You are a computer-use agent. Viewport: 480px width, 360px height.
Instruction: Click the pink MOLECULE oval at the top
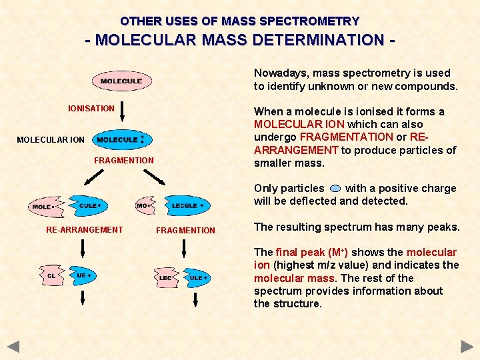121,81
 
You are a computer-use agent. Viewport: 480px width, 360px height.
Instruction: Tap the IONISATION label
91,108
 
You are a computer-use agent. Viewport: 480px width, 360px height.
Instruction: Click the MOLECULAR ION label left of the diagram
51,140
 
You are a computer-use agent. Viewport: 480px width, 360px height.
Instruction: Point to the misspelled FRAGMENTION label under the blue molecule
123,160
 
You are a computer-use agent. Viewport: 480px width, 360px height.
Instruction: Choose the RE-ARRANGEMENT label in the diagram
84,230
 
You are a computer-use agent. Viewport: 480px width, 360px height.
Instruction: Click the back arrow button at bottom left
13,347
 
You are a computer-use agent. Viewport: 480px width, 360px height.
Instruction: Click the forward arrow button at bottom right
467,347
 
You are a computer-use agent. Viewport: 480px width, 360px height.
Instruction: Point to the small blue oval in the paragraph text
335,189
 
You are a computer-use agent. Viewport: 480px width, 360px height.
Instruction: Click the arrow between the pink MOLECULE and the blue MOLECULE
121,111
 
